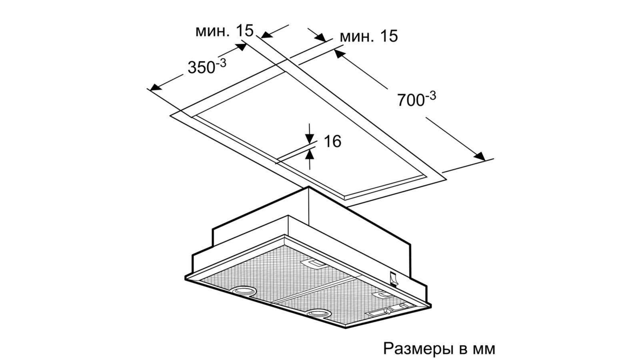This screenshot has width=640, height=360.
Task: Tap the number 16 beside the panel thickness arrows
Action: (332, 141)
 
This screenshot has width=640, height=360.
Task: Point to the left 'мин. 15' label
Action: (224, 31)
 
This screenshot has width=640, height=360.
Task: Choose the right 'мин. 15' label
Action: (369, 36)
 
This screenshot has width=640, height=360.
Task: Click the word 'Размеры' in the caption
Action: (418, 349)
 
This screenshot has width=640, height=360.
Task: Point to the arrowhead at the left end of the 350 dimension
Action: (154, 87)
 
